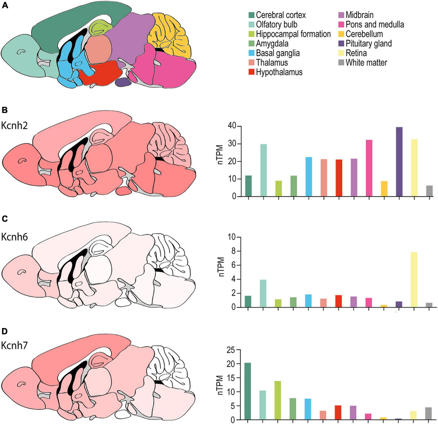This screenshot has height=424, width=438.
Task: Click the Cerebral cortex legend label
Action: pyautogui.click(x=281, y=15)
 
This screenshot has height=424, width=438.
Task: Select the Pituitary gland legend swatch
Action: pyautogui.click(x=341, y=44)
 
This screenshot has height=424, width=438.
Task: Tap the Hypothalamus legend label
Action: pyautogui.click(x=279, y=72)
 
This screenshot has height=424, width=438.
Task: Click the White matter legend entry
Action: pyautogui.click(x=366, y=63)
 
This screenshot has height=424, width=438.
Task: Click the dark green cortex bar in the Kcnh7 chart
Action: pyautogui.click(x=248, y=391)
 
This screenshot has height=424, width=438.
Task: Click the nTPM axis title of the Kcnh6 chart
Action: pyautogui.click(x=221, y=267)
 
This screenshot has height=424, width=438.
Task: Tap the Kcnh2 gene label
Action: pyautogui.click(x=15, y=126)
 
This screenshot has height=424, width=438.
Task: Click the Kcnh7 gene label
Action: pyautogui.click(x=15, y=345)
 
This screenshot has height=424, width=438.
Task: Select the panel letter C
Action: pyautogui.click(x=5, y=219)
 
